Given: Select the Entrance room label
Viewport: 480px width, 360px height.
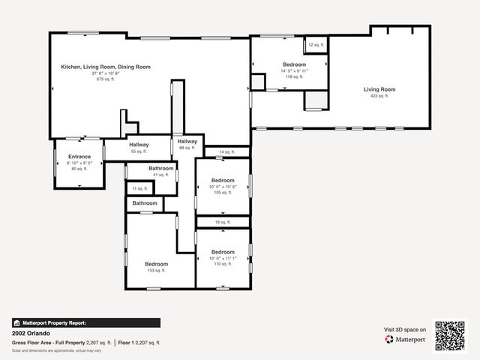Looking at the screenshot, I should [79, 157].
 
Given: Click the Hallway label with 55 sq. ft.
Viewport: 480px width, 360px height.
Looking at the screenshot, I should [139, 145].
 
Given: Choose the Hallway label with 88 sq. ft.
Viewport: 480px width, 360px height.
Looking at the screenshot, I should [187, 141].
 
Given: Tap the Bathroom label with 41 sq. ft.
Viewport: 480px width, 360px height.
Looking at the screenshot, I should [161, 169].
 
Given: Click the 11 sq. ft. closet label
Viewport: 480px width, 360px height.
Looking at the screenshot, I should [139, 188].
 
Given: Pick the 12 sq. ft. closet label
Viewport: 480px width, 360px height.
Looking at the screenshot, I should [315, 46].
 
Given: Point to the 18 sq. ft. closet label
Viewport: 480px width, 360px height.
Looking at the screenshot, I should [223, 222].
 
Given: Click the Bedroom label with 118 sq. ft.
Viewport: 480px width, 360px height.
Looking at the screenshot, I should [294, 65].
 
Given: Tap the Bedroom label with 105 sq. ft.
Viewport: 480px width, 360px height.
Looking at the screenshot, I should [223, 180].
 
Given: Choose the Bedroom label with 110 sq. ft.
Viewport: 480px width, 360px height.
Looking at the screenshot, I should [223, 252].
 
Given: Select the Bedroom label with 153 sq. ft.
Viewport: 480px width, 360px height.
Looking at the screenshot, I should [156, 264].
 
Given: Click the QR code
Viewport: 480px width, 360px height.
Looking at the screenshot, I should [450, 336].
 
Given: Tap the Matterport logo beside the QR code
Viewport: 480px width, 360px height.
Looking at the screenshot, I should [406, 339].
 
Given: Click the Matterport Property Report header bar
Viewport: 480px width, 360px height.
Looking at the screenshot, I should [85, 322].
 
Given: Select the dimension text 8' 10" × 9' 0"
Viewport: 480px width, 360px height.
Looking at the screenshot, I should [79, 163].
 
